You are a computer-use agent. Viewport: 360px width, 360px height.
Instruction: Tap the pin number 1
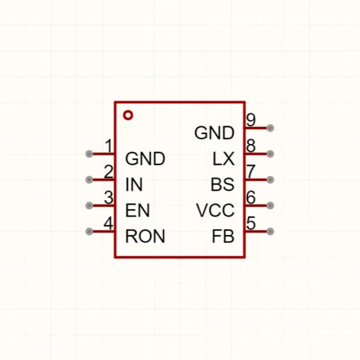109,145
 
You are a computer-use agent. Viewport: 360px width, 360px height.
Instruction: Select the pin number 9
251,120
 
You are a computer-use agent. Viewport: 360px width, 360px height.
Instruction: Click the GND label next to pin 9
214,133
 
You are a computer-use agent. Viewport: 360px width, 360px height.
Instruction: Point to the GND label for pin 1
145,158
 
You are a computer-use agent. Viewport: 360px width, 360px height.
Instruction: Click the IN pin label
134,185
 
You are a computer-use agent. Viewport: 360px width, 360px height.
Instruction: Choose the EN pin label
137,210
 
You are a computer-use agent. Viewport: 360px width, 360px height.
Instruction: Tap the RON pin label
145,236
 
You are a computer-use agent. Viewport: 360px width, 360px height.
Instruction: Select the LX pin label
223,158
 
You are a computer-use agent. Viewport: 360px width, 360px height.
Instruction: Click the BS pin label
223,185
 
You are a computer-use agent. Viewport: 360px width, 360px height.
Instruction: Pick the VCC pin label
215,210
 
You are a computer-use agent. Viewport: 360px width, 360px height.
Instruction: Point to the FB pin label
223,236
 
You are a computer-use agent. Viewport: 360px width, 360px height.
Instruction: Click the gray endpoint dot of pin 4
89,231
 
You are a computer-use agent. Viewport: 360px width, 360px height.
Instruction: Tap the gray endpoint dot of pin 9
270,128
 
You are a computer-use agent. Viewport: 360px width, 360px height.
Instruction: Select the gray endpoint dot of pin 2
89,179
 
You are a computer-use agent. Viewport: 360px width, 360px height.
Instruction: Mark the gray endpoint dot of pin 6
270,206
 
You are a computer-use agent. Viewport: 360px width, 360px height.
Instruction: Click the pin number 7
251,171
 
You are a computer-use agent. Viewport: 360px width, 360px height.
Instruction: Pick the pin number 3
109,197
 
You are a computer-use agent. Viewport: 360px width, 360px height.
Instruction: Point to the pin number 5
251,223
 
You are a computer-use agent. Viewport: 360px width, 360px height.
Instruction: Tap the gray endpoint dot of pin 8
270,154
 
